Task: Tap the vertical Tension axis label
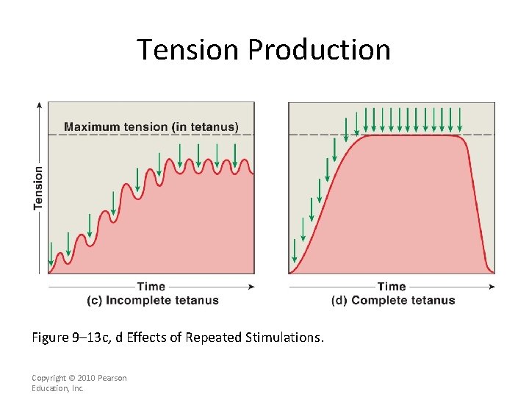[38, 187]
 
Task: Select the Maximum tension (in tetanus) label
[151, 126]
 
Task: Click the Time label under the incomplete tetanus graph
[151, 287]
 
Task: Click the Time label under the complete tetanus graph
[392, 287]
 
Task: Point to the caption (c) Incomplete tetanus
[152, 300]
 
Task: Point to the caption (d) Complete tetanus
[393, 300]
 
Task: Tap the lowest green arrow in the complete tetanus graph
[295, 251]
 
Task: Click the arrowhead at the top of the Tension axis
[39, 105]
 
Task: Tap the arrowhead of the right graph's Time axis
[492, 287]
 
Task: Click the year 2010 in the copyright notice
[84, 378]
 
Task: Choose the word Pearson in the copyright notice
[112, 378]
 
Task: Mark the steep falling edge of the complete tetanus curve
[476, 206]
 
